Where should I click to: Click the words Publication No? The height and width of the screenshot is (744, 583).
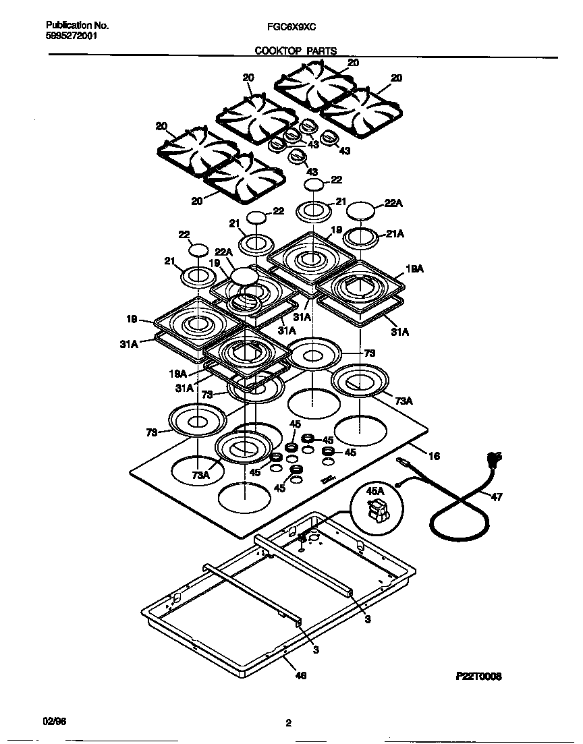[73, 26]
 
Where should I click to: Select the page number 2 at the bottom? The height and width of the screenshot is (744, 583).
[288, 724]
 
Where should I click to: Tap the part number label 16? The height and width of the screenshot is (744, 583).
[434, 457]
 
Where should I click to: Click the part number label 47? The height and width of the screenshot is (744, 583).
[496, 498]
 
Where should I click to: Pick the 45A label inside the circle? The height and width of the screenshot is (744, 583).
[374, 492]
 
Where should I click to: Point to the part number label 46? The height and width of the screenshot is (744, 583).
[301, 675]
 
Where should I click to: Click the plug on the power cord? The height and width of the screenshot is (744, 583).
[495, 461]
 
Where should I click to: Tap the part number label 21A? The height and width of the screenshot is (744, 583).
[395, 233]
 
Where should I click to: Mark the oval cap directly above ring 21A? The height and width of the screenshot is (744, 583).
[362, 210]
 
